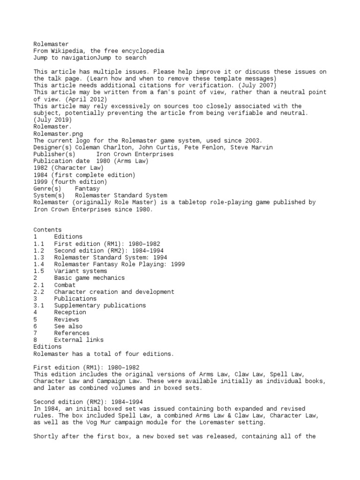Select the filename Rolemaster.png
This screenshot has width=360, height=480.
pyautogui.click(x=58, y=134)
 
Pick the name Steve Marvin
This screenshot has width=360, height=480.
pyautogui.click(x=252, y=147)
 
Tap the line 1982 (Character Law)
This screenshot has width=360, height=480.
pyautogui.click(x=68, y=168)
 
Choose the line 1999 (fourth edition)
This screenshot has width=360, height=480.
pyautogui.click(x=70, y=182)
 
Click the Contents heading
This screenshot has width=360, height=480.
pyautogui.click(x=47, y=230)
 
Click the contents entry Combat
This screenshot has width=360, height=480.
pyautogui.click(x=65, y=285)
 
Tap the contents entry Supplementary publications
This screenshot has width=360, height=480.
pyautogui.click(x=100, y=306)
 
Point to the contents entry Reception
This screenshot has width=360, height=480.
pyautogui.click(x=70, y=312)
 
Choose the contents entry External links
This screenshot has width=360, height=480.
pyautogui.click(x=79, y=340)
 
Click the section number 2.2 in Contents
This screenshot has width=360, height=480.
pyautogui.click(x=39, y=292)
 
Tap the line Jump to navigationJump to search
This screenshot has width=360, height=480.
pyautogui.click(x=90, y=58)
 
